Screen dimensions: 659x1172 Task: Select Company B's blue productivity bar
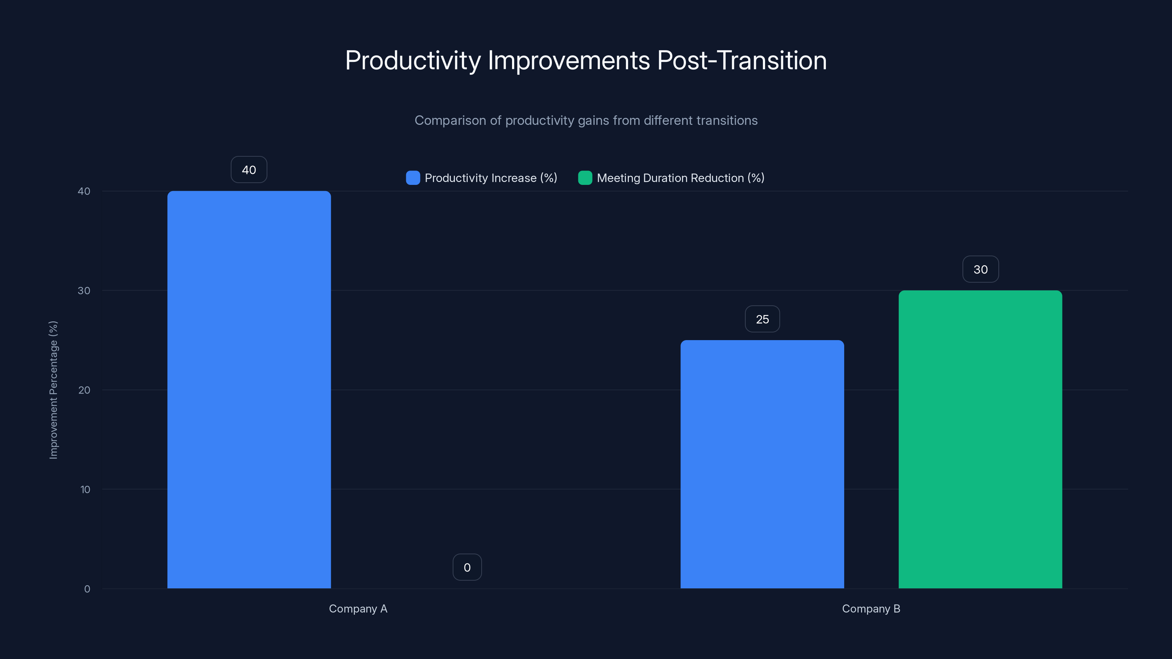(762, 464)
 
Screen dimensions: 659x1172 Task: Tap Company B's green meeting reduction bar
(980, 439)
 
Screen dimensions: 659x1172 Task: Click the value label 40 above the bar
(249, 170)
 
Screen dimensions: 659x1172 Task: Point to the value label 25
(762, 319)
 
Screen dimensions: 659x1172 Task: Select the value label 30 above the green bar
(980, 269)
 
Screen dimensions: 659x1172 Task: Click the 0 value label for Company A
(467, 567)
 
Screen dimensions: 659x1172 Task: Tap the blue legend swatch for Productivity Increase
(413, 178)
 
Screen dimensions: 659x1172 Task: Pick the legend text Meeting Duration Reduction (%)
(680, 178)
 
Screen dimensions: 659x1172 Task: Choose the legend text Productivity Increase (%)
(490, 178)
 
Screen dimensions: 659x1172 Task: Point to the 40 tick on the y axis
(84, 191)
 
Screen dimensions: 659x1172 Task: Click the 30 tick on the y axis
(84, 291)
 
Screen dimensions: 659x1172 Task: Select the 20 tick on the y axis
(84, 390)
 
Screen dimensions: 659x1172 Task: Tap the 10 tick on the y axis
(85, 489)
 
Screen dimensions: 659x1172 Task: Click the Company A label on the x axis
(358, 608)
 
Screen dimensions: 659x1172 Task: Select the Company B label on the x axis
(871, 608)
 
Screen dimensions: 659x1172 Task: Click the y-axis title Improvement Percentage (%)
(53, 390)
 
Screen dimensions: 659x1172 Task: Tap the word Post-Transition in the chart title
(742, 60)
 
